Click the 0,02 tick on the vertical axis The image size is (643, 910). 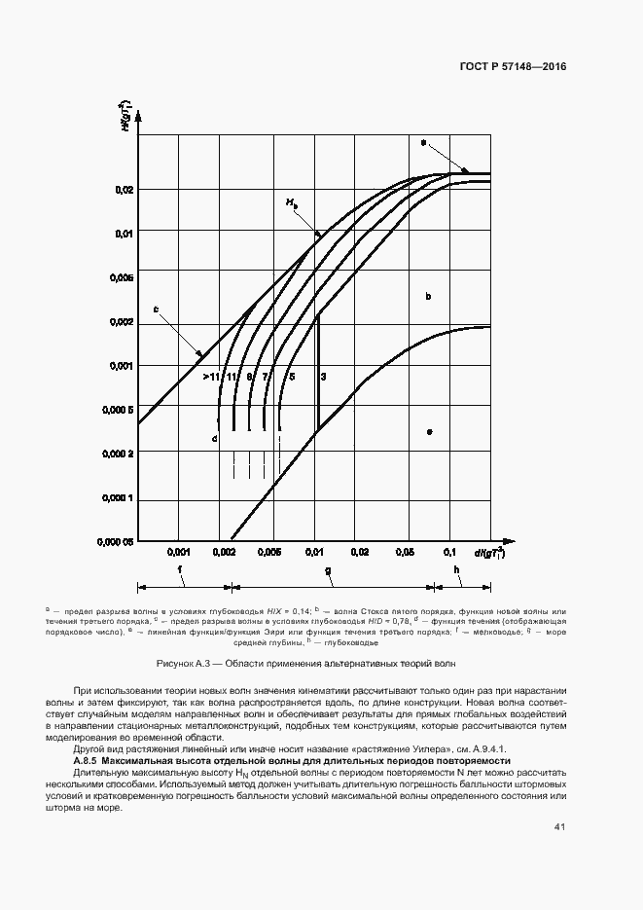tap(121, 190)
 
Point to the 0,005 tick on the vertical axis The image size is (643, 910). tap(119, 278)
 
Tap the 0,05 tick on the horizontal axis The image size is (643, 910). tap(403, 552)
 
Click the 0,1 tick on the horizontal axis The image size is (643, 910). tap(449, 552)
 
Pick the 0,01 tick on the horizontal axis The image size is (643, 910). tap(314, 552)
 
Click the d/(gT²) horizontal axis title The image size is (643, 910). tap(489, 552)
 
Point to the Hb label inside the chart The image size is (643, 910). tap(292, 203)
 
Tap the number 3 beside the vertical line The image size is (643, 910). tap(323, 376)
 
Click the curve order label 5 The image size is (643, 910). tap(292, 376)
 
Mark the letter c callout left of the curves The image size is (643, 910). tap(156, 310)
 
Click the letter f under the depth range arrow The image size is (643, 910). tap(180, 570)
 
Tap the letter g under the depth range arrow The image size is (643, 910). tap(327, 570)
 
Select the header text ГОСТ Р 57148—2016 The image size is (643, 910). tap(512, 67)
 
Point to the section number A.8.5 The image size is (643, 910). tap(87, 759)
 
